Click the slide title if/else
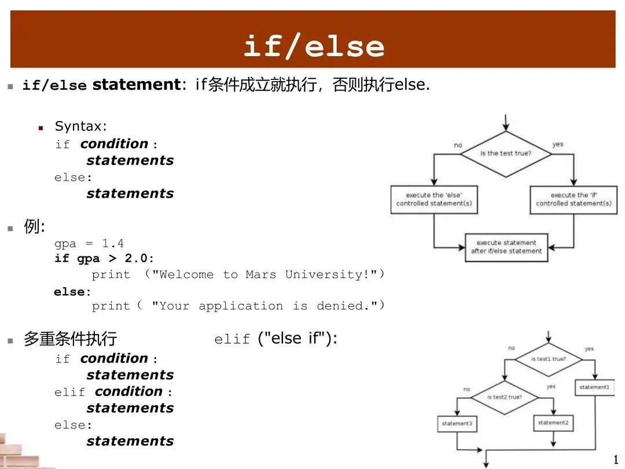(x=313, y=46)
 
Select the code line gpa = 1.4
(x=89, y=243)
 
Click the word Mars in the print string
(x=260, y=274)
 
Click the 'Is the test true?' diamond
(x=506, y=153)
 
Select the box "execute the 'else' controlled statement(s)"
(x=433, y=199)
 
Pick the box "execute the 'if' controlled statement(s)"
(x=573, y=199)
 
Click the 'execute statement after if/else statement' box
(x=506, y=247)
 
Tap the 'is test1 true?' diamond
(x=548, y=359)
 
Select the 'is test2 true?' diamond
(x=504, y=397)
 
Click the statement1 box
(x=594, y=387)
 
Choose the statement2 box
(x=553, y=423)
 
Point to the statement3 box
(x=457, y=424)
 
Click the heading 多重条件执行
(x=70, y=338)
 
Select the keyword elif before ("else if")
(x=232, y=340)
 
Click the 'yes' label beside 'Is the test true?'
(x=557, y=144)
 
